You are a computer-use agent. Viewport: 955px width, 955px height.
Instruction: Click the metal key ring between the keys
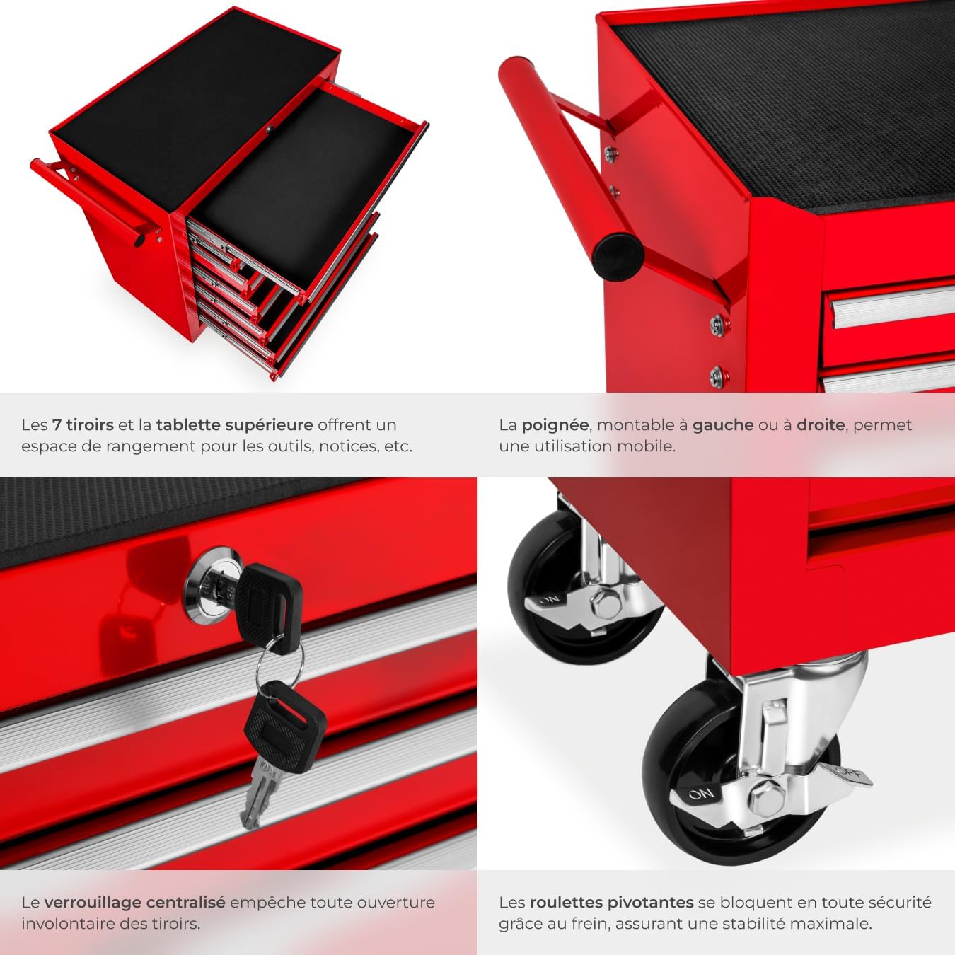click(279, 662)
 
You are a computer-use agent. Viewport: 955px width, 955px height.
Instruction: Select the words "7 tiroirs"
click(83, 424)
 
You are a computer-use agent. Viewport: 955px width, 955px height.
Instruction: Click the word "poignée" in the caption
click(555, 425)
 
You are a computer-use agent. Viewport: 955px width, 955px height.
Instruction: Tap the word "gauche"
click(723, 425)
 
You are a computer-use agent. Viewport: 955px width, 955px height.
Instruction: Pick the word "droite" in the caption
click(821, 424)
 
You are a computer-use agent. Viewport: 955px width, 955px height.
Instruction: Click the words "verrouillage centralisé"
click(134, 903)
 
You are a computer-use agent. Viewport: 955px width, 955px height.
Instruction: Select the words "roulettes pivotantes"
click(612, 903)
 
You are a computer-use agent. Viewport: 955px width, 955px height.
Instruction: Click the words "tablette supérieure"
click(234, 425)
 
